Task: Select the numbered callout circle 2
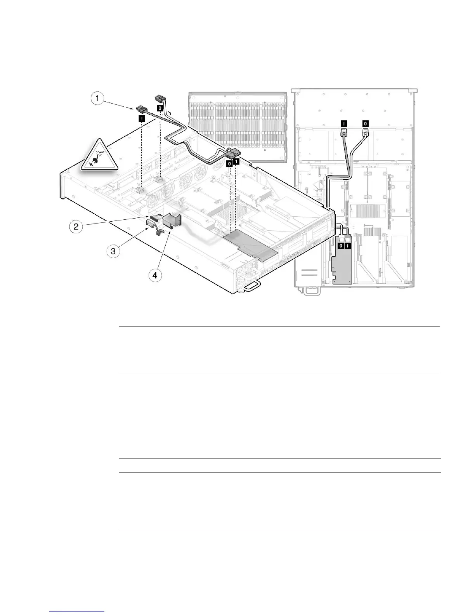(x=76, y=226)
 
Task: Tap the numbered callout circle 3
(x=113, y=251)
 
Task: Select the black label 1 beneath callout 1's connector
(x=142, y=119)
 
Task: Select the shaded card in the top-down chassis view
(x=342, y=264)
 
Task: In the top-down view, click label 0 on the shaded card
(x=341, y=245)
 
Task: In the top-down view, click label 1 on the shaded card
(x=348, y=245)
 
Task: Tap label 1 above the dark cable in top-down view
(x=343, y=123)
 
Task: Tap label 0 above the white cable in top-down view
(x=365, y=123)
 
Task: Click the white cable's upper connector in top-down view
(x=365, y=133)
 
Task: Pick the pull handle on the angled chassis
(x=251, y=287)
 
